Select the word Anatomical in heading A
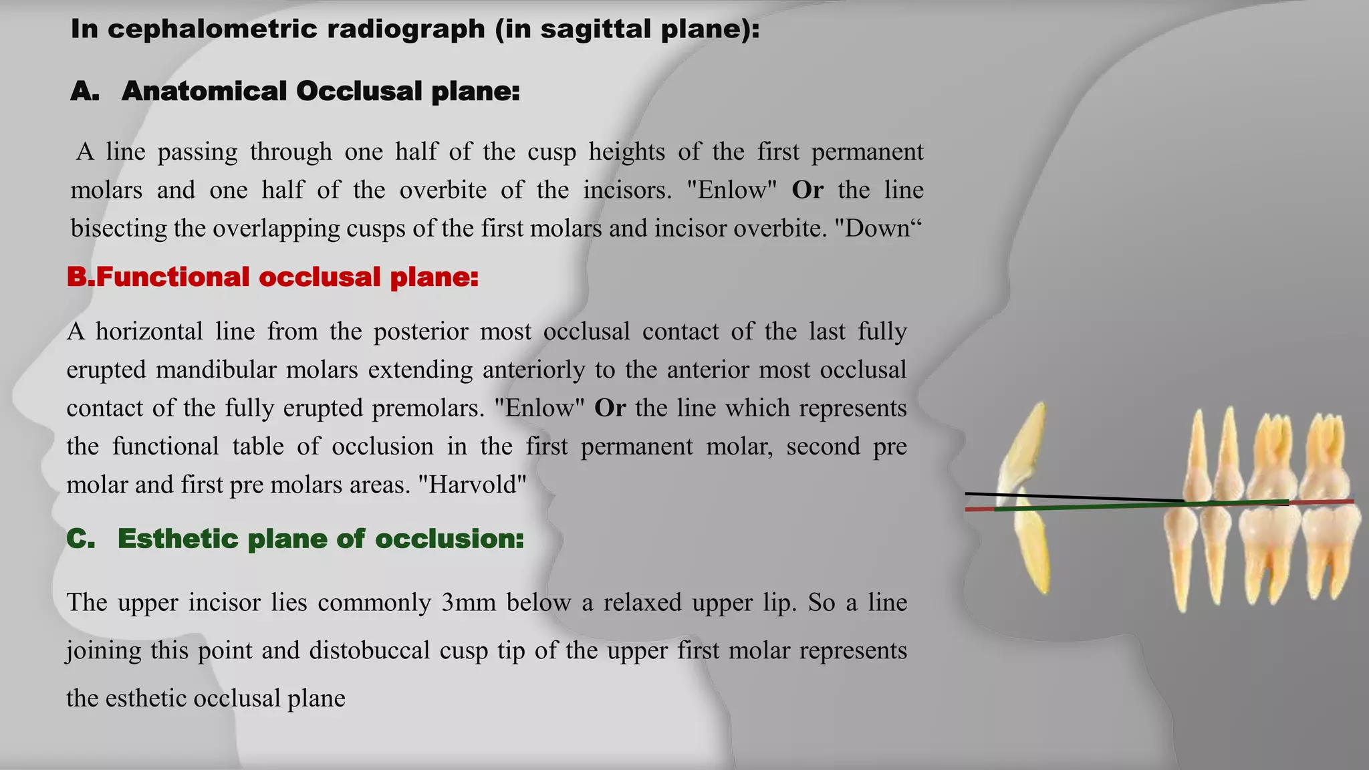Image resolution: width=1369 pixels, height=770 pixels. click(203, 92)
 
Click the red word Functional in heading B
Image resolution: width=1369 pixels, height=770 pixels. click(172, 277)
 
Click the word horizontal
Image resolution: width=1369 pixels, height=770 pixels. click(148, 331)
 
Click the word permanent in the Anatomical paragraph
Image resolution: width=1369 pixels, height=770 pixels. click(867, 152)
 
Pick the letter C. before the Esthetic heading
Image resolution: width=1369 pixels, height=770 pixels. click(81, 539)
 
